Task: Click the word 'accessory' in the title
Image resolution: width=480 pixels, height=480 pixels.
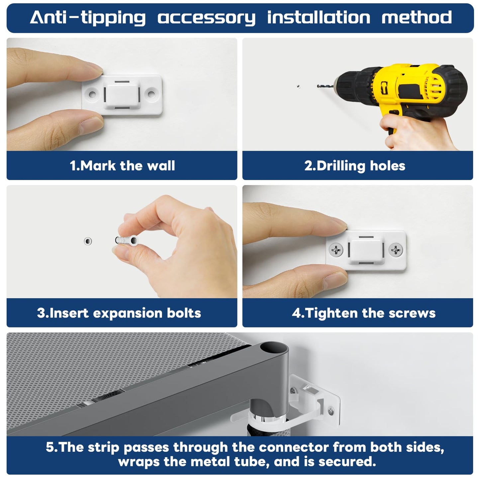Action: [207, 18]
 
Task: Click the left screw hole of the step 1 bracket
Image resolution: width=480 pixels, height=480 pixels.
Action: [92, 94]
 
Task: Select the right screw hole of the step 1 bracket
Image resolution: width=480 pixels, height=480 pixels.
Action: [151, 94]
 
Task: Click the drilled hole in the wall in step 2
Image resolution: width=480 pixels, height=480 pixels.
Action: [298, 87]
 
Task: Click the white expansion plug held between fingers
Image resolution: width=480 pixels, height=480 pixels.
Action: [127, 240]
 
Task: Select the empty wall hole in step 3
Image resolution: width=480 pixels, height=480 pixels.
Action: [88, 241]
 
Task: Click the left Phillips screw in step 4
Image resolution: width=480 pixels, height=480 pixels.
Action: [336, 249]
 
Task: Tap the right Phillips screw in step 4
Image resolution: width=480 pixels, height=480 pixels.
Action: [395, 249]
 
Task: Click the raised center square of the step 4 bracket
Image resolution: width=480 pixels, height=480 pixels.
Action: [366, 250]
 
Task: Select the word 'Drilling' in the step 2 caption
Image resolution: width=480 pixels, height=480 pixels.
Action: [341, 166]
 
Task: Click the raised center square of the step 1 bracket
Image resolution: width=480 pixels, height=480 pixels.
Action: [122, 95]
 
